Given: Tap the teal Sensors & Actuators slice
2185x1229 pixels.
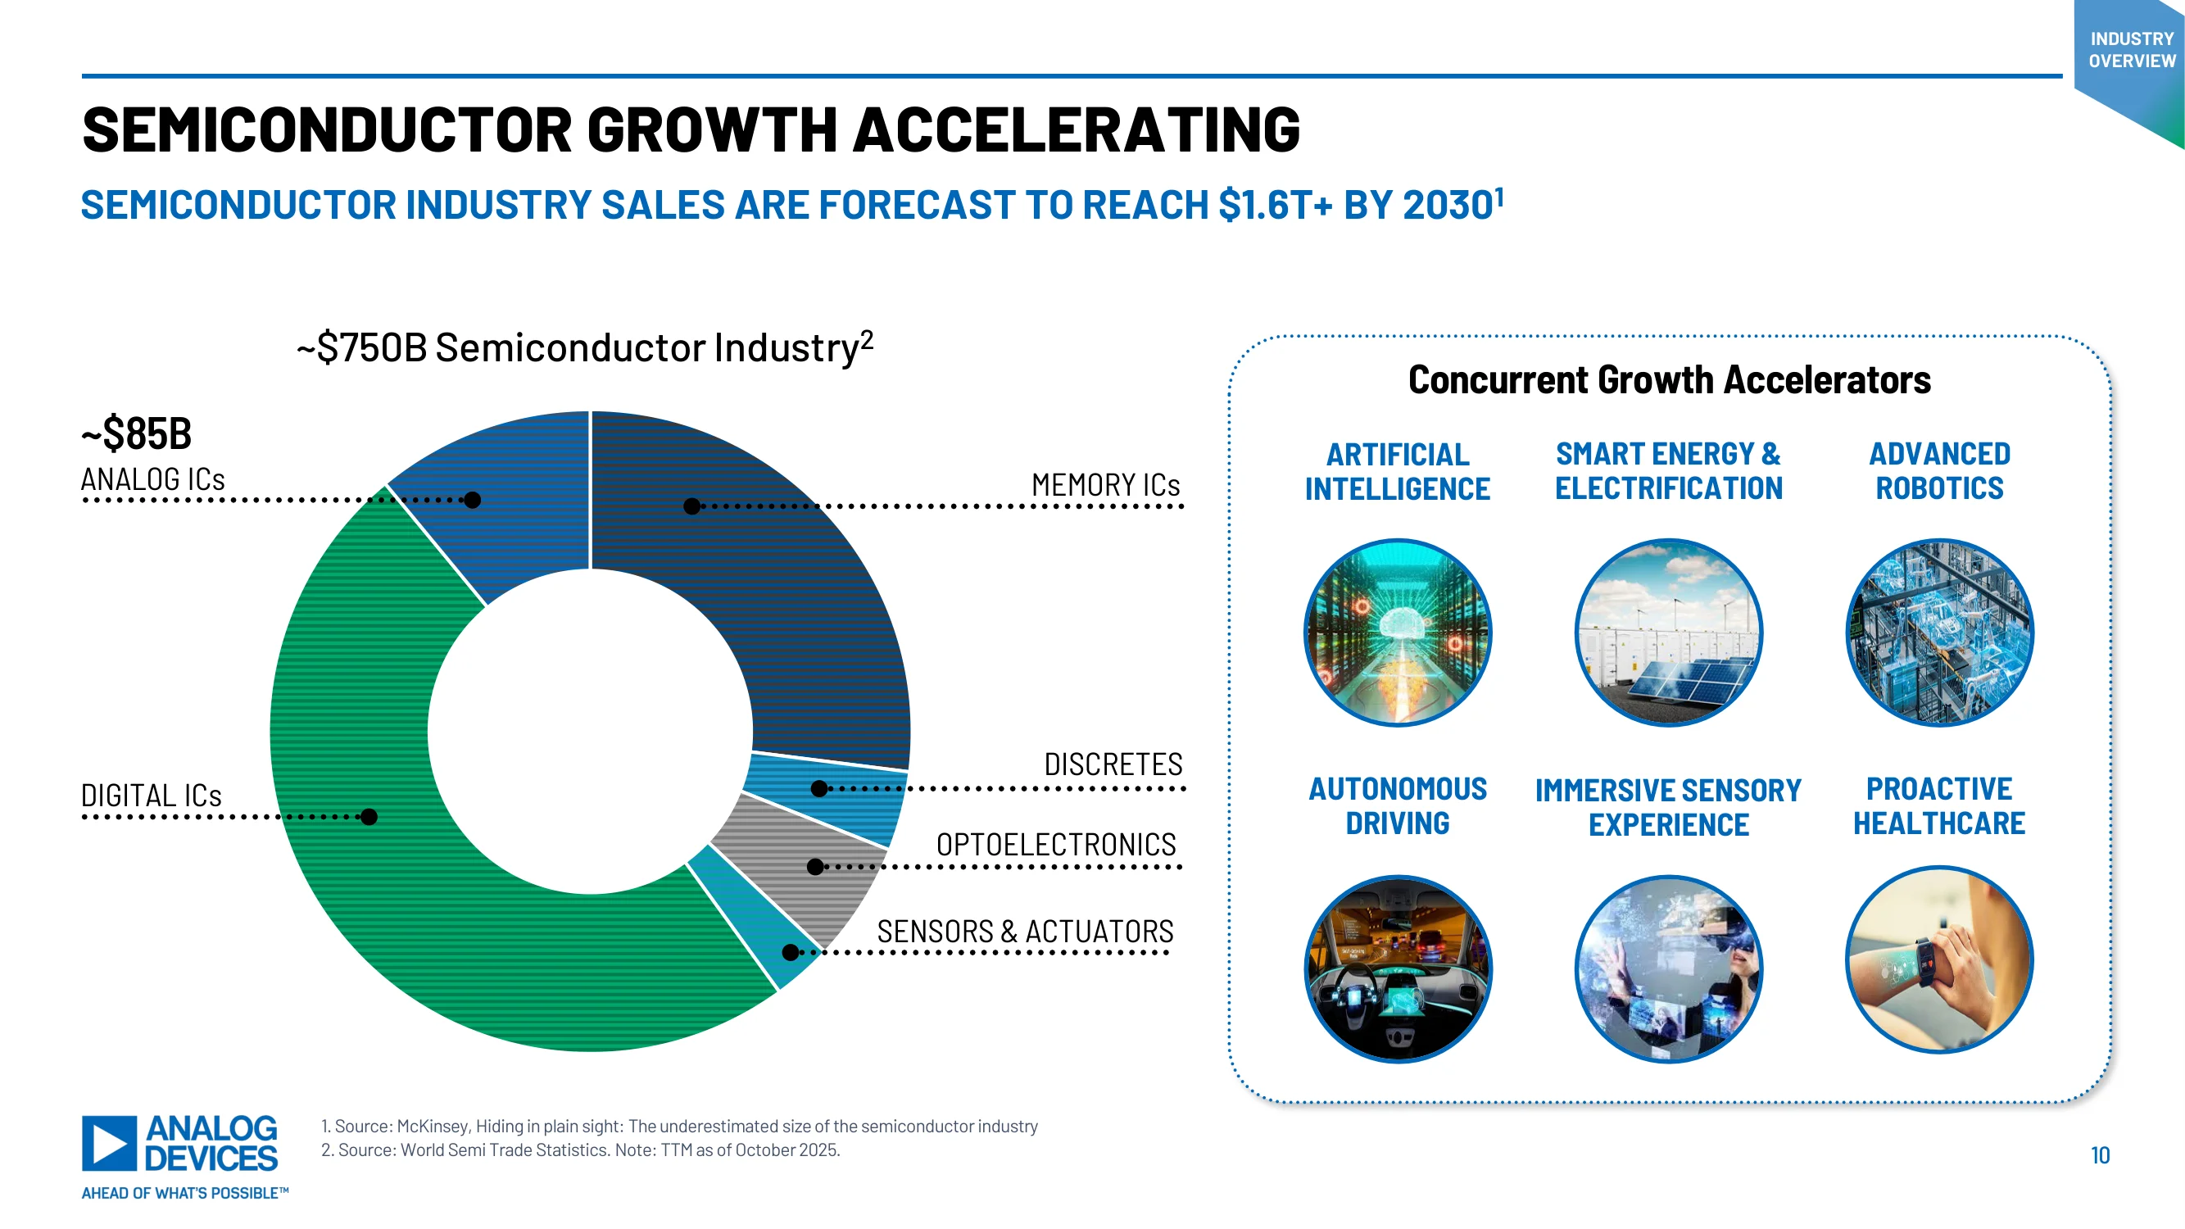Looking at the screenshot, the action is pos(755,916).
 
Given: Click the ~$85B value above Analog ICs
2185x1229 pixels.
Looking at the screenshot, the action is pos(137,433).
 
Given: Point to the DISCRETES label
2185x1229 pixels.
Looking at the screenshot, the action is pos(1113,764).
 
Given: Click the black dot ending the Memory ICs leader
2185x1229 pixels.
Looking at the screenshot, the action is pos(692,506).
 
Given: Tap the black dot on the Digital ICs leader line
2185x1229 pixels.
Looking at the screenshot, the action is pos(369,817).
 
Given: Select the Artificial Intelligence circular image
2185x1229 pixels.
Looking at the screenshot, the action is pos(1398,633).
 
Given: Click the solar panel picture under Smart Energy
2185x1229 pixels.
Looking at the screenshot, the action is pos(1668,633).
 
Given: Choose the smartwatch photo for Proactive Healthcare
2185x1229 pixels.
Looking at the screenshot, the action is pos(1939,960).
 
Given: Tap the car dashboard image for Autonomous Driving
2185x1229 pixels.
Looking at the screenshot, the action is pos(1398,968).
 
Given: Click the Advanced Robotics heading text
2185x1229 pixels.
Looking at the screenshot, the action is pos(1939,472).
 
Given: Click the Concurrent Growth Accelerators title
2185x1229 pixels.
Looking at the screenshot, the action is pos(1670,380).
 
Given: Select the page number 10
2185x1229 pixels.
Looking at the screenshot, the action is pos(2100,1155).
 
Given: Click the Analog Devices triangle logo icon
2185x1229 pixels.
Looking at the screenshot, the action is pos(110,1143).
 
